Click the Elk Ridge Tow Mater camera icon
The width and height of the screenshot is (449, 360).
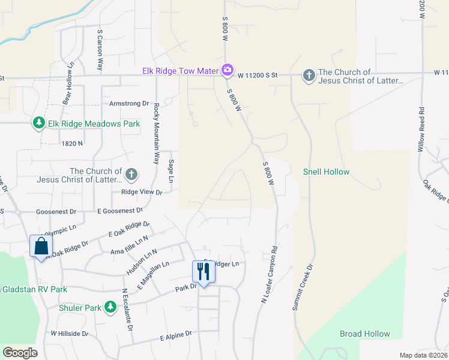click(227, 71)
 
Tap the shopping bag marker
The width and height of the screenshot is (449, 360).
click(41, 246)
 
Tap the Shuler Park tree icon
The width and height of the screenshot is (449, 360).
click(110, 308)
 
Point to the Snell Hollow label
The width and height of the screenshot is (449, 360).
click(326, 172)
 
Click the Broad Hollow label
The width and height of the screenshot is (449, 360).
click(364, 334)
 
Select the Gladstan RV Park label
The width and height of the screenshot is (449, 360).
click(34, 289)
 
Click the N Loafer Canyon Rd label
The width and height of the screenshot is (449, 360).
click(268, 274)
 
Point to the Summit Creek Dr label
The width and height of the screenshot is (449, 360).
click(303, 287)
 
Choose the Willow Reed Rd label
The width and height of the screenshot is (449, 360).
click(421, 129)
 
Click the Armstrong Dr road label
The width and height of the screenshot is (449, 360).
click(128, 103)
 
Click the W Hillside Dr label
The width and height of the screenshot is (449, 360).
click(69, 333)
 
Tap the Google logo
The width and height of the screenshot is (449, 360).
click(20, 353)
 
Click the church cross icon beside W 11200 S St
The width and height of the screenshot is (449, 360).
click(309, 76)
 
